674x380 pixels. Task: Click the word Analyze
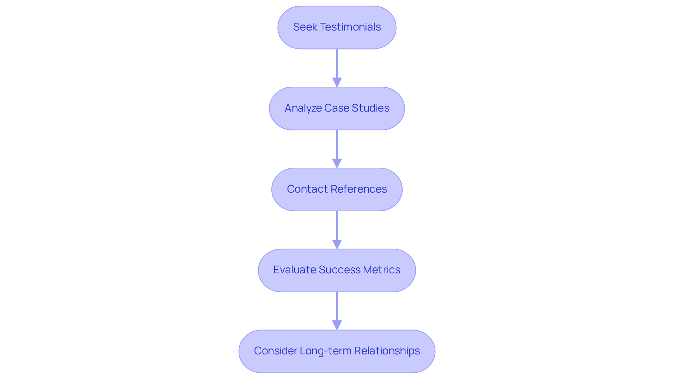pyautogui.click(x=303, y=108)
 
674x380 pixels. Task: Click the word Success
pyautogui.click(x=339, y=270)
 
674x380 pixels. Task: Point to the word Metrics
pyautogui.click(x=382, y=270)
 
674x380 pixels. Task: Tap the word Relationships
pyautogui.click(x=387, y=351)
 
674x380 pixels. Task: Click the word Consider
pyautogui.click(x=276, y=351)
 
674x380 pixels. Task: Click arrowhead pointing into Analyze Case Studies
pyautogui.click(x=337, y=82)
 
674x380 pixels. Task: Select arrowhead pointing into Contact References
pyautogui.click(x=337, y=163)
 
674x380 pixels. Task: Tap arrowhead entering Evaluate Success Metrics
pyautogui.click(x=337, y=244)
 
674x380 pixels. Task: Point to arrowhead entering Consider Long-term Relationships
pyautogui.click(x=337, y=325)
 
